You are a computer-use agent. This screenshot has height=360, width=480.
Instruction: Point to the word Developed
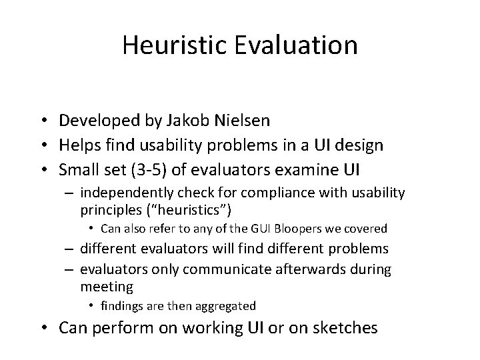pos(99,121)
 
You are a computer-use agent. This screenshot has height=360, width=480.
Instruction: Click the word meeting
pos(107,287)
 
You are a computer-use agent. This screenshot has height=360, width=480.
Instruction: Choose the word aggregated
pos(225,306)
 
